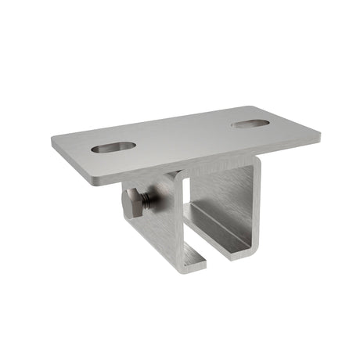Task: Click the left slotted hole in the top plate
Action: click(113, 146)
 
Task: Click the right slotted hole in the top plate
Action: click(250, 123)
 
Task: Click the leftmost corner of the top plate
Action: click(53, 139)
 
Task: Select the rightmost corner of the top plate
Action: click(321, 132)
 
